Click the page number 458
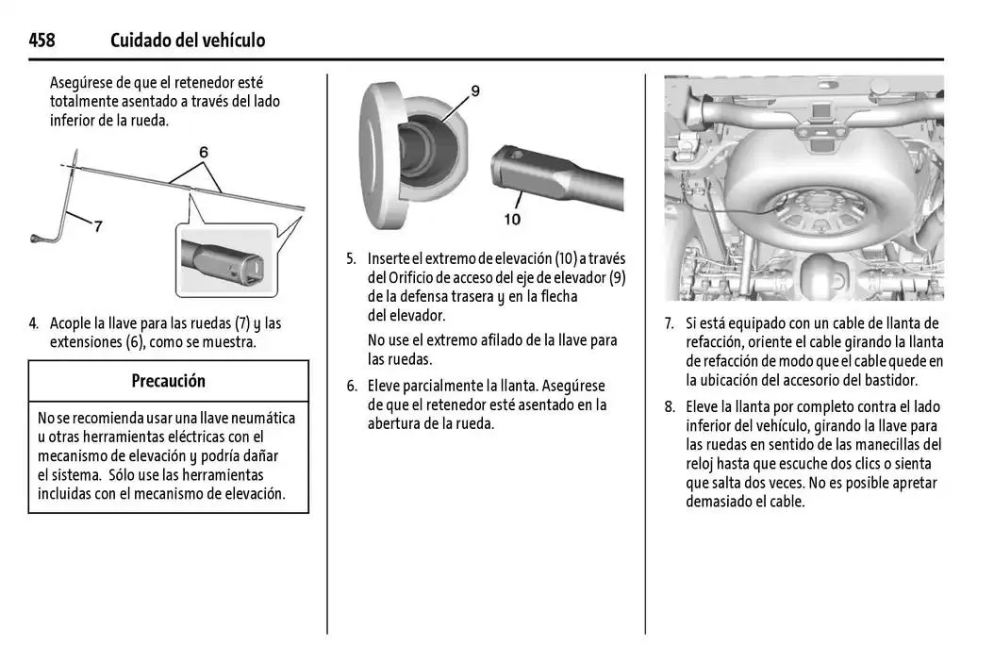point(41,41)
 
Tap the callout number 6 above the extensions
point(204,152)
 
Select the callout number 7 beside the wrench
point(98,226)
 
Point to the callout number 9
point(475,91)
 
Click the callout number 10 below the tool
point(512,220)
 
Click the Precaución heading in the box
point(169,381)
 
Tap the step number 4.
point(34,323)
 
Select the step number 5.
point(351,258)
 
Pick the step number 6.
point(352,387)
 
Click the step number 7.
point(670,323)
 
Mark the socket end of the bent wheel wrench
point(36,239)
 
